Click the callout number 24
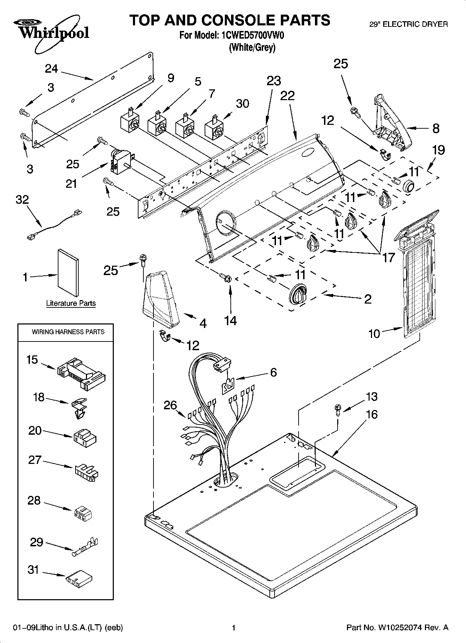(x=51, y=69)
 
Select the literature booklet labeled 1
(x=68, y=272)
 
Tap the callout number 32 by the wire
(x=22, y=200)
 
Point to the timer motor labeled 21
(x=120, y=162)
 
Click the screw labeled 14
(x=226, y=278)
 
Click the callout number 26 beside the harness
(x=171, y=405)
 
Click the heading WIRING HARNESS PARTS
(x=68, y=332)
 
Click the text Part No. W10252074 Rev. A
(x=397, y=628)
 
